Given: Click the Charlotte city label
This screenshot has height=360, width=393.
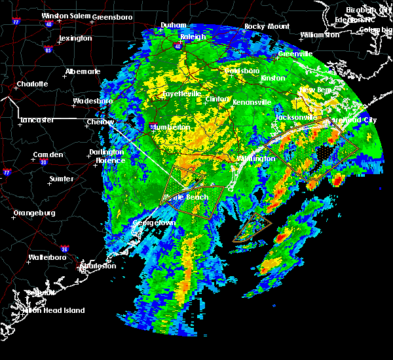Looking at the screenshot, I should point(33,84).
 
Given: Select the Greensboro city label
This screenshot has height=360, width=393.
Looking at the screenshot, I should point(113,16).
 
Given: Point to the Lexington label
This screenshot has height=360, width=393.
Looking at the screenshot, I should point(75,38).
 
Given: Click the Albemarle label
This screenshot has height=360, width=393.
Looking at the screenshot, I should point(83,71).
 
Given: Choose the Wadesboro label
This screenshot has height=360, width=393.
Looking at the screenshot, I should point(92,101).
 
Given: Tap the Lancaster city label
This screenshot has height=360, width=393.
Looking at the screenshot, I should point(37,120).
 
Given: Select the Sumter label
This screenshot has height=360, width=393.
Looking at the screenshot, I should point(61,178).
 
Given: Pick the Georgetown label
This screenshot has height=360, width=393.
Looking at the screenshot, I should point(155,223).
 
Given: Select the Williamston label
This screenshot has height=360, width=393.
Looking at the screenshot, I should point(320,34).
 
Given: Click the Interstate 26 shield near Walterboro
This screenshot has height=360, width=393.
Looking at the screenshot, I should point(64,249).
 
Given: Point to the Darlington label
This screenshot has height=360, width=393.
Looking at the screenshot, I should point(106,152).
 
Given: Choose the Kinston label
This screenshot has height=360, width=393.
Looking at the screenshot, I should point(272,78).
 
